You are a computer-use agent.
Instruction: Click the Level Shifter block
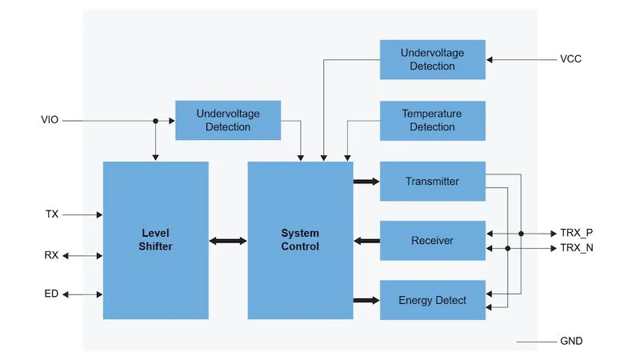[x=156, y=240]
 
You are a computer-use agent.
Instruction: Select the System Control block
[x=300, y=240]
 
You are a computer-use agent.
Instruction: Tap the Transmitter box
[x=432, y=182]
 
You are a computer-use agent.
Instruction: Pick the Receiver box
[x=432, y=241]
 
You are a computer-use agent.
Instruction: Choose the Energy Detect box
[x=432, y=300]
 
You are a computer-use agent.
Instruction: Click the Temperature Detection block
[x=432, y=121]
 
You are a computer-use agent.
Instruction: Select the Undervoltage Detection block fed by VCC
[x=432, y=60]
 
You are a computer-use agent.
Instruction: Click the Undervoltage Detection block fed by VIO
[x=228, y=121]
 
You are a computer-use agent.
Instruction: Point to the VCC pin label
[x=571, y=60]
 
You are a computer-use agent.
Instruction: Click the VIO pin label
[x=50, y=121]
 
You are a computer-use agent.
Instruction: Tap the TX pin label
[x=52, y=214]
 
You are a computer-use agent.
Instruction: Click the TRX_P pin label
[x=576, y=233]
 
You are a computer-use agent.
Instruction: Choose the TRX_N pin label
[x=576, y=248]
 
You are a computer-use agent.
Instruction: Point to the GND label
[x=571, y=342]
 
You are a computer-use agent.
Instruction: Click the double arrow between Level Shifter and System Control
[x=228, y=240]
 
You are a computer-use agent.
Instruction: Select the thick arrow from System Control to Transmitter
[x=366, y=182]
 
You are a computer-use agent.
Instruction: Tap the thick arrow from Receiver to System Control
[x=366, y=241]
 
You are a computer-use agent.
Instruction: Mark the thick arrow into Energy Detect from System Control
[x=366, y=300]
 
